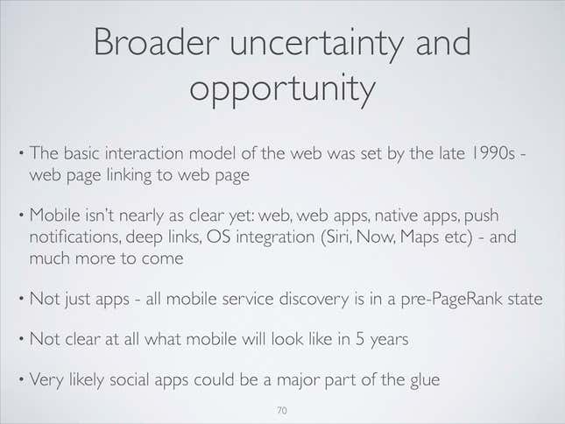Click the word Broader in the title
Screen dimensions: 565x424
tap(157, 42)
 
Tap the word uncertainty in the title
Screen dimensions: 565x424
tap(316, 44)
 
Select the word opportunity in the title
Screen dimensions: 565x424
tap(282, 89)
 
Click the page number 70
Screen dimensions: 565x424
tap(282, 410)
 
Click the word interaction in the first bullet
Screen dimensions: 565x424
tap(145, 153)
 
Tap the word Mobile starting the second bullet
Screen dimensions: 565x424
tap(55, 216)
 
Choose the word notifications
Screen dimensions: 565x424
tap(75, 237)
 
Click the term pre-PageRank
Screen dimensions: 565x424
tap(451, 300)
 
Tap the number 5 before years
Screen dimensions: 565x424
tap(360, 339)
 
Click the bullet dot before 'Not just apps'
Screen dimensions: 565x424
tap(22, 299)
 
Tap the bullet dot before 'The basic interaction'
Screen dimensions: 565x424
tap(22, 153)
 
